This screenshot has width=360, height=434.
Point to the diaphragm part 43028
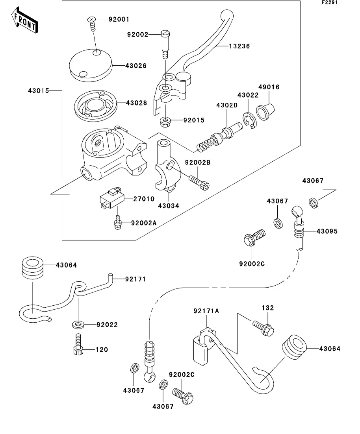[96, 105]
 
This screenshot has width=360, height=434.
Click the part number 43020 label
[226, 105]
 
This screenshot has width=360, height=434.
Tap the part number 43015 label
[38, 91]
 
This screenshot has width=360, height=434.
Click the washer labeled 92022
[78, 325]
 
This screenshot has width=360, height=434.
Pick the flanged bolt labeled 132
[263, 329]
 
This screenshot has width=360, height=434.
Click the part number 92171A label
[206, 311]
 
